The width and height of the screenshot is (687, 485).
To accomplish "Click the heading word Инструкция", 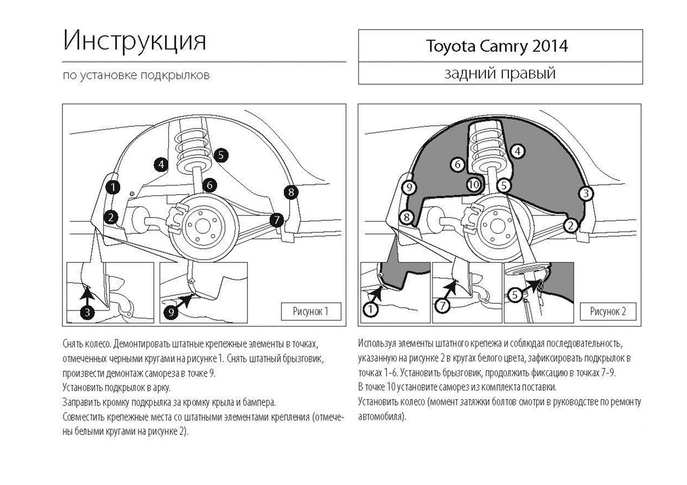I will (x=135, y=42).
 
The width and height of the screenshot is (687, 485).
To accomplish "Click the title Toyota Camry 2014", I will (x=496, y=46).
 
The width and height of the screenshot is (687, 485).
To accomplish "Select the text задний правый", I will (x=500, y=74).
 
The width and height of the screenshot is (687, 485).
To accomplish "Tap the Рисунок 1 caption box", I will (x=311, y=312).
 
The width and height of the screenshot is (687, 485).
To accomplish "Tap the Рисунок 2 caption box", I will (x=607, y=312).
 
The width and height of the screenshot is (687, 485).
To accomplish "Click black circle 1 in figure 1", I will (x=113, y=186).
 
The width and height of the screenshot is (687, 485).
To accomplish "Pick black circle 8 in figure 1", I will (x=291, y=192).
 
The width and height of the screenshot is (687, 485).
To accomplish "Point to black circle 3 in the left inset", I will (x=86, y=312).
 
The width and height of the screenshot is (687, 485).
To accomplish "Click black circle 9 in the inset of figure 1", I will (x=172, y=312).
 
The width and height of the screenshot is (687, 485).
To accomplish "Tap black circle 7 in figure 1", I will (x=277, y=219).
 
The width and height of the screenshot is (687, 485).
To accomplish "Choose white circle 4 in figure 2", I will (x=517, y=151).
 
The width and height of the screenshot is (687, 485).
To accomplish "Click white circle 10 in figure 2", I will (x=473, y=185).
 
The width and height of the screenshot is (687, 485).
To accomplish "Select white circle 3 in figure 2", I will (x=585, y=194).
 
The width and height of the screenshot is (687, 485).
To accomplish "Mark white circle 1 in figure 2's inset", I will (x=370, y=309).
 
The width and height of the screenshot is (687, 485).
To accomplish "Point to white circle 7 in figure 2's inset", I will (x=442, y=306).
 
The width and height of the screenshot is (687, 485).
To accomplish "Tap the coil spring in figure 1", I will (x=194, y=146).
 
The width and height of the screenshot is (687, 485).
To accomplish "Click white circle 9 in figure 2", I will (x=408, y=187).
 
